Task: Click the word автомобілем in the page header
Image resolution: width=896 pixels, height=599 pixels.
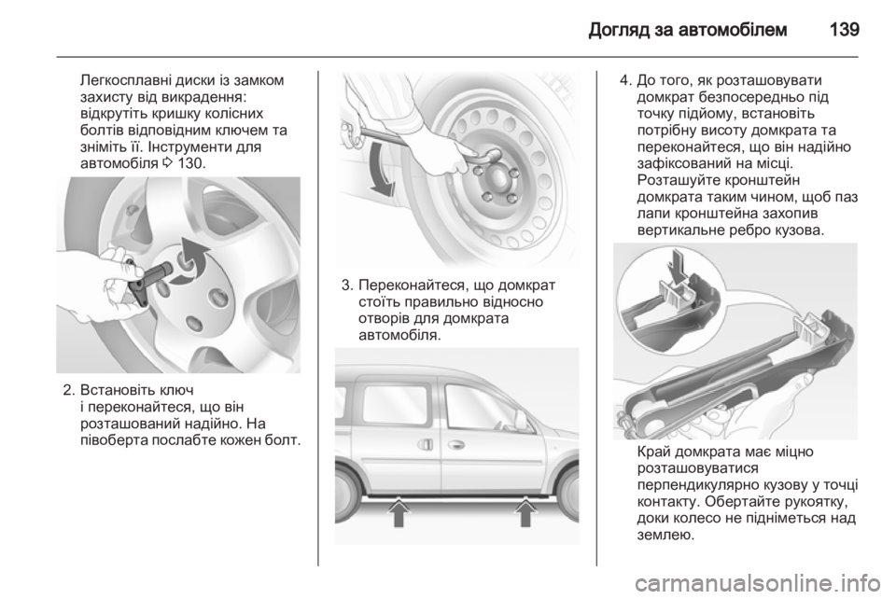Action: point(733,29)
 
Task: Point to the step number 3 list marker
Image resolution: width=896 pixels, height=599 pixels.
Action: point(346,285)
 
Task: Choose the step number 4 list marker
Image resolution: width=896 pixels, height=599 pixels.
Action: point(625,80)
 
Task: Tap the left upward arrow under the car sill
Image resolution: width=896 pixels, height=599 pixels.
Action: point(399,511)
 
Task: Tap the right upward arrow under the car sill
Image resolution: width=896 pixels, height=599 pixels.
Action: point(525,511)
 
